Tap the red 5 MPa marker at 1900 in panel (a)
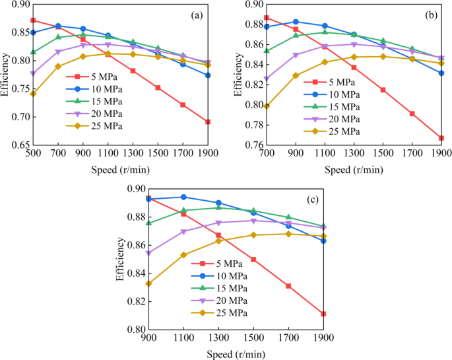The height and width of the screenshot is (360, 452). click(208, 122)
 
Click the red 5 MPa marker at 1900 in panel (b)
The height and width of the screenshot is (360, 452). click(441, 138)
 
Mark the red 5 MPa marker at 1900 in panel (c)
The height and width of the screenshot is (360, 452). click(323, 314)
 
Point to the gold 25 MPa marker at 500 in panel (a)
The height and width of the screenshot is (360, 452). click(33, 94)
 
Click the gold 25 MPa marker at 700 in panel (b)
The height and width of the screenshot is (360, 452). click(267, 106)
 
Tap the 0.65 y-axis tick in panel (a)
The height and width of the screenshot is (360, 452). click(20, 145)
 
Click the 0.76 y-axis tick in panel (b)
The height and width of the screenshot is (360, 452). click(253, 145)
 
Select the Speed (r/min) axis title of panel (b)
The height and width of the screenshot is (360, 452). click(354, 169)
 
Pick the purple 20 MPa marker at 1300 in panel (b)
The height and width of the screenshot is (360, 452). click(354, 45)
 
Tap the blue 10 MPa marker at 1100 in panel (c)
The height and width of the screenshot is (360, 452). click(183, 197)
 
